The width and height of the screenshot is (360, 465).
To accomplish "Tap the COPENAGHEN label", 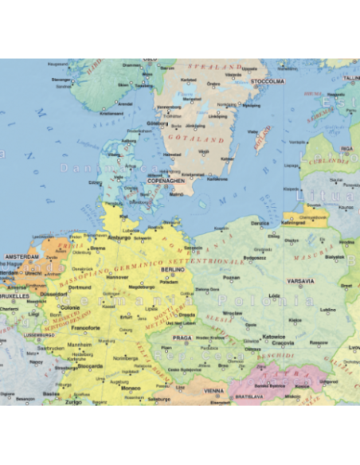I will click(166, 181).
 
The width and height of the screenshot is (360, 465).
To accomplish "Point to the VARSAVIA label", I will click(301, 281).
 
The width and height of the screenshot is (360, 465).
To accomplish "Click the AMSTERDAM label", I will click(22, 256).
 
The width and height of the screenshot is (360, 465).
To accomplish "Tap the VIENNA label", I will click(213, 391).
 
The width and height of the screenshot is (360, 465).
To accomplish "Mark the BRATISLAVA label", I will click(248, 395).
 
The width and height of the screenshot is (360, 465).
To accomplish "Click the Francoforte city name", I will click(86, 327).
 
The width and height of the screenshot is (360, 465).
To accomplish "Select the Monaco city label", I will click(131, 388).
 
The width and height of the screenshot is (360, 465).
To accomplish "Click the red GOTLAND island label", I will click(258, 143).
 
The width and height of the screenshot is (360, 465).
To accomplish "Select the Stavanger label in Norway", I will click(61, 80).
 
